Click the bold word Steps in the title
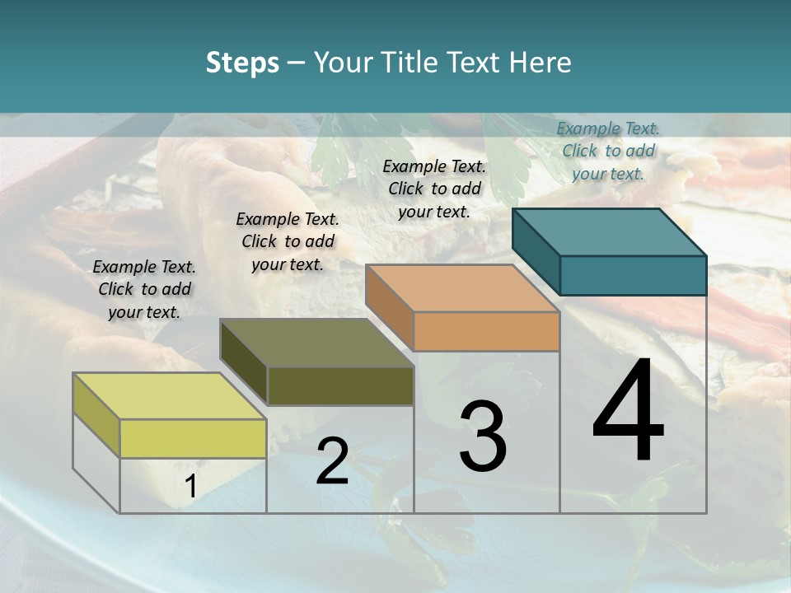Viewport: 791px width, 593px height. [x=241, y=63]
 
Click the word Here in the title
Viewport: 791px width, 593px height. [x=541, y=63]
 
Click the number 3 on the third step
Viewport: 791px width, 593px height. [x=483, y=437]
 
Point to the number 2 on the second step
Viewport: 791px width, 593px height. [x=332, y=461]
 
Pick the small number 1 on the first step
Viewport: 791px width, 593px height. [x=191, y=487]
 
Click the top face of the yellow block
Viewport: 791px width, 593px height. [x=169, y=395]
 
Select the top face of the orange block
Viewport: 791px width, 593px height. [x=462, y=288]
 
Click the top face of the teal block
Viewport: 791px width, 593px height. [x=609, y=231]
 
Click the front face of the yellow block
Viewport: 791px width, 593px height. [x=193, y=438]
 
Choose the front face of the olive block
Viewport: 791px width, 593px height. [x=340, y=385]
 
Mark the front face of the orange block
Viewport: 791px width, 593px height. [x=486, y=332]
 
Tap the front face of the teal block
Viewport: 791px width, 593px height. [x=633, y=275]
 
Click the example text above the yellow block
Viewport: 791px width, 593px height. [x=144, y=289]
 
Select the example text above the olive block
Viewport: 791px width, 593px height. [x=288, y=241]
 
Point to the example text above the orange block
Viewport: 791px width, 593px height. [x=434, y=189]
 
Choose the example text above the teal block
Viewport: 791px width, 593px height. [x=608, y=151]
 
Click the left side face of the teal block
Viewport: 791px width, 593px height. [x=536, y=252]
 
